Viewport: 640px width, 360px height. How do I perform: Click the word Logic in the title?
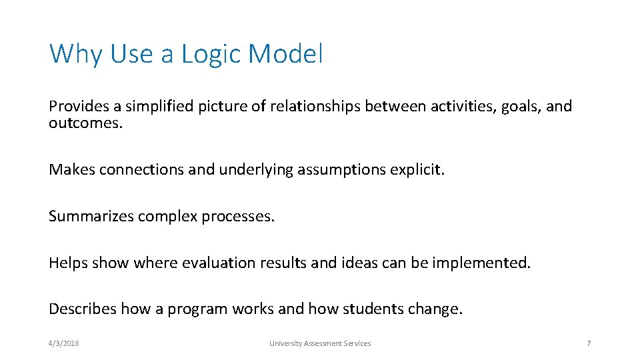(x=210, y=54)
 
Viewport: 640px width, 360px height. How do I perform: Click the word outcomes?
(x=85, y=124)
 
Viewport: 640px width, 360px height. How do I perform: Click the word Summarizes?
(x=91, y=217)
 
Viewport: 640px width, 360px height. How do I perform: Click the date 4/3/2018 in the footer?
(x=64, y=343)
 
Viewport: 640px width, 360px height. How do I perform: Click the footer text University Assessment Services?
(x=320, y=343)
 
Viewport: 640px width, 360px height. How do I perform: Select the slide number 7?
(x=589, y=343)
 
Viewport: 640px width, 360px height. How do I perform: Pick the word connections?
(x=142, y=170)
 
